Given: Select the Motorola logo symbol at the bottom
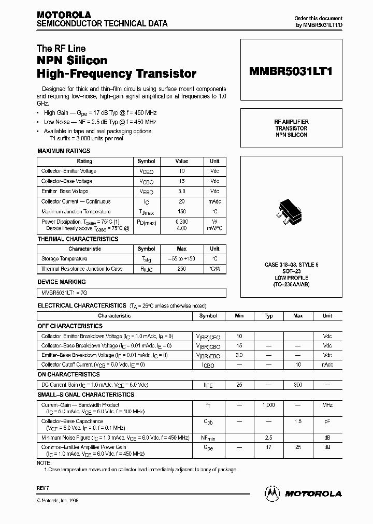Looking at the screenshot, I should pyautogui.click(x=272, y=492).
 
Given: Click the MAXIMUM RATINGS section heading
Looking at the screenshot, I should pyautogui.click(x=64, y=151).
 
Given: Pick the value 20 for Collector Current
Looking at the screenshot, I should pyautogui.click(x=181, y=201).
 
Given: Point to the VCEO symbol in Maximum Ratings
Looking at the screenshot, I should pyautogui.click(x=147, y=171).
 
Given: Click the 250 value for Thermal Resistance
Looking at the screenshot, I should pyautogui.click(x=181, y=269).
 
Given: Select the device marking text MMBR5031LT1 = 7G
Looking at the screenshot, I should pyautogui.click(x=65, y=293).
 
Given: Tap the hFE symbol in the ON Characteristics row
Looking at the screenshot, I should pyautogui.click(x=208, y=385).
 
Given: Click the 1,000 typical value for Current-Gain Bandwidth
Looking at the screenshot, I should pyautogui.click(x=268, y=405).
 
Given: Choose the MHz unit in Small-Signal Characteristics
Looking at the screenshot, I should pyautogui.click(x=327, y=405).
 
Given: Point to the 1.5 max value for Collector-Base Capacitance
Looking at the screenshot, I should pyautogui.click(x=298, y=422).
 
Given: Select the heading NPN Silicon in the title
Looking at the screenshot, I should pyautogui.click(x=72, y=61).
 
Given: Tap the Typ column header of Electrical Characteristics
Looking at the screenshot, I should pyautogui.click(x=268, y=315).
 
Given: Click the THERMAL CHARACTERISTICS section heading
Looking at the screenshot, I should pyautogui.click(x=78, y=239).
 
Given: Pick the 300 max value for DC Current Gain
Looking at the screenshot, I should pyautogui.click(x=298, y=385).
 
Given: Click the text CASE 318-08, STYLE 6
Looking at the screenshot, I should pyautogui.click(x=291, y=265).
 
